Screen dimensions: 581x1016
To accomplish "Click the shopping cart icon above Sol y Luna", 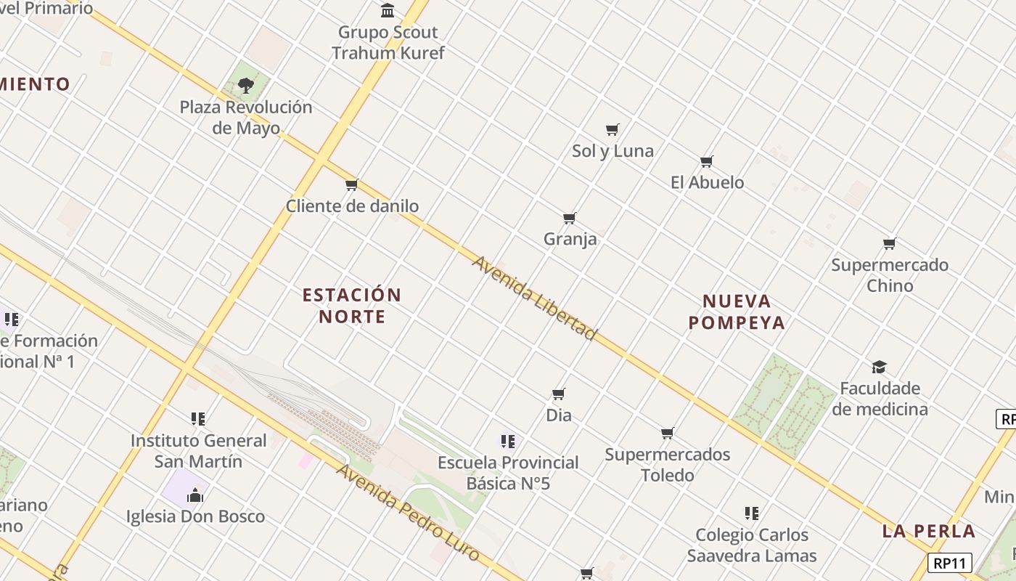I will pos(613,130).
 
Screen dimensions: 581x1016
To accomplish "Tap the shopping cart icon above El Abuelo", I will pos(707,161).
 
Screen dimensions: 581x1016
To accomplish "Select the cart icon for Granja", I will pos(570,218).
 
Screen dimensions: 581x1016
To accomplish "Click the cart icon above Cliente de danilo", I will pos(352,185).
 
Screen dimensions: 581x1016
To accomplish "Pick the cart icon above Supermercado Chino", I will pos(890,243).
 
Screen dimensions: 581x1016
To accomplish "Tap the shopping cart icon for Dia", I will pos(559,394).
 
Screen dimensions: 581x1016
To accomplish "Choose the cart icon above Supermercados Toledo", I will pos(668,434).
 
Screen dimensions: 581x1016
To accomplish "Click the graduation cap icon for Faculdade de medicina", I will pos(880,367).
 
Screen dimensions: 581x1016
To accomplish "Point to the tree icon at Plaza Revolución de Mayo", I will pos(246,85).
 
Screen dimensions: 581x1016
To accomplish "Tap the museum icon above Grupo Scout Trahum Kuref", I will pos(388,11).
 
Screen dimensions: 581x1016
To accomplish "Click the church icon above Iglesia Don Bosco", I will pos(194,495).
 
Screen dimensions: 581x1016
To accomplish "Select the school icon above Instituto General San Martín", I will pos(198,419).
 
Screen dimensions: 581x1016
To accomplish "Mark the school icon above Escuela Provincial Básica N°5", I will pos(508,441).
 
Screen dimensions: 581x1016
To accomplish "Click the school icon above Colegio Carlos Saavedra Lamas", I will pos(752,513).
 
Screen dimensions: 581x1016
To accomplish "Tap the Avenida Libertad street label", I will pos(534,298).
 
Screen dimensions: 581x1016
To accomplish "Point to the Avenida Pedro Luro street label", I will pos(408,512).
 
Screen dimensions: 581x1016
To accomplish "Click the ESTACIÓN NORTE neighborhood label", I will pos(352,306).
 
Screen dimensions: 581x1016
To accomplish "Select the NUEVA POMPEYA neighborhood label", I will pos(737,312).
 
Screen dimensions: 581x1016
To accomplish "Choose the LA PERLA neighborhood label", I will pos(929,531).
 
